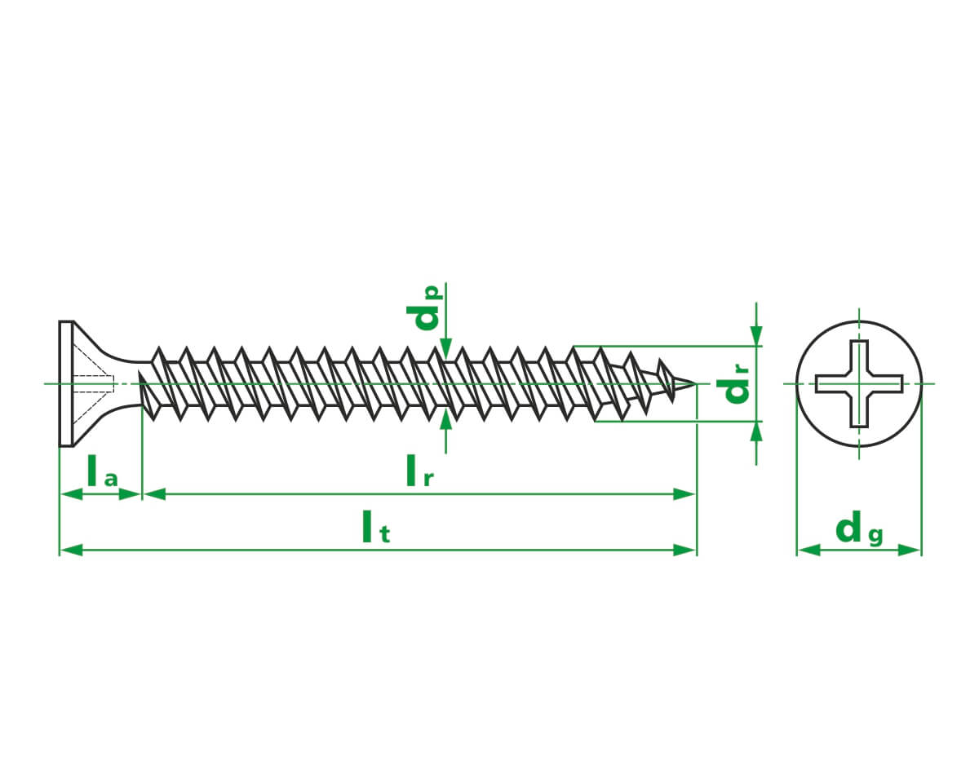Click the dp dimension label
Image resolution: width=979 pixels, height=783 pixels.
[424, 307]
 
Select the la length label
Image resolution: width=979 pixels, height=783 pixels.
[102, 471]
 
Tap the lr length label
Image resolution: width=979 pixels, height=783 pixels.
[419, 471]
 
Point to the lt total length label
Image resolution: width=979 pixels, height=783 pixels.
[376, 527]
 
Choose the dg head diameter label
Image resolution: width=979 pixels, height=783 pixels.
[859, 528]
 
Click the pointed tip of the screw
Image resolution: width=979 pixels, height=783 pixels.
[694, 384]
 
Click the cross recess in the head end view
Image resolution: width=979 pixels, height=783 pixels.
[859, 383]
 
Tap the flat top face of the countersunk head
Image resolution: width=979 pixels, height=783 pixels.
[66, 383]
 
